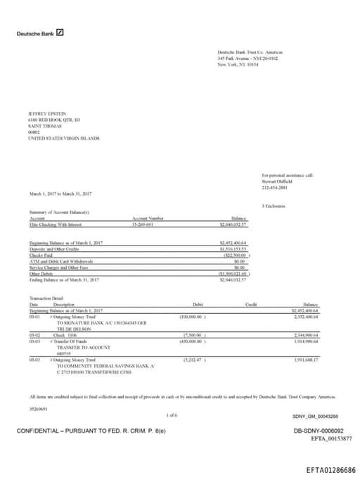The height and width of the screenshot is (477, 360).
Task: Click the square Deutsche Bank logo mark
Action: [60, 33]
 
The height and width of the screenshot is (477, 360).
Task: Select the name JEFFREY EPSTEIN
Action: [47, 113]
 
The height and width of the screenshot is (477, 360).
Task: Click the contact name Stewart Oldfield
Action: [278, 181]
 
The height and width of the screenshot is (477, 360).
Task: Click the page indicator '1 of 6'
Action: [172, 415]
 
